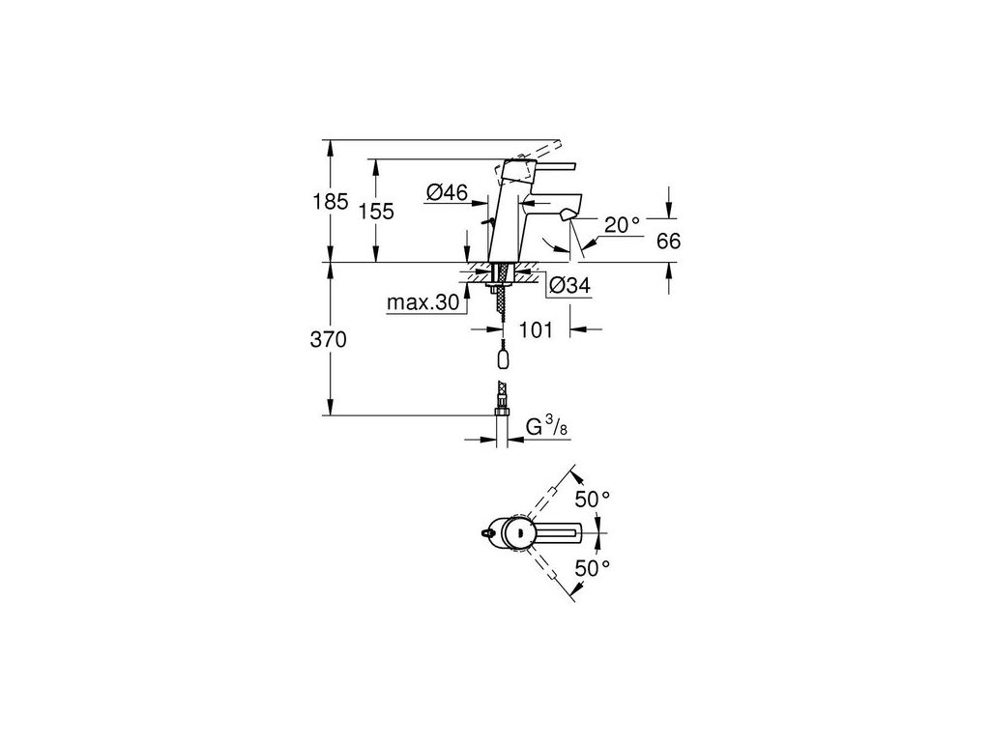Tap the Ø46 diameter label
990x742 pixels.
447,193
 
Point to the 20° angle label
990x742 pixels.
623,225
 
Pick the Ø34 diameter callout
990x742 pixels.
568,285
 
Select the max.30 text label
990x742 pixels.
422,302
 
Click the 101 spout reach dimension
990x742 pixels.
535,329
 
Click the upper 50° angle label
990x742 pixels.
593,499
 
